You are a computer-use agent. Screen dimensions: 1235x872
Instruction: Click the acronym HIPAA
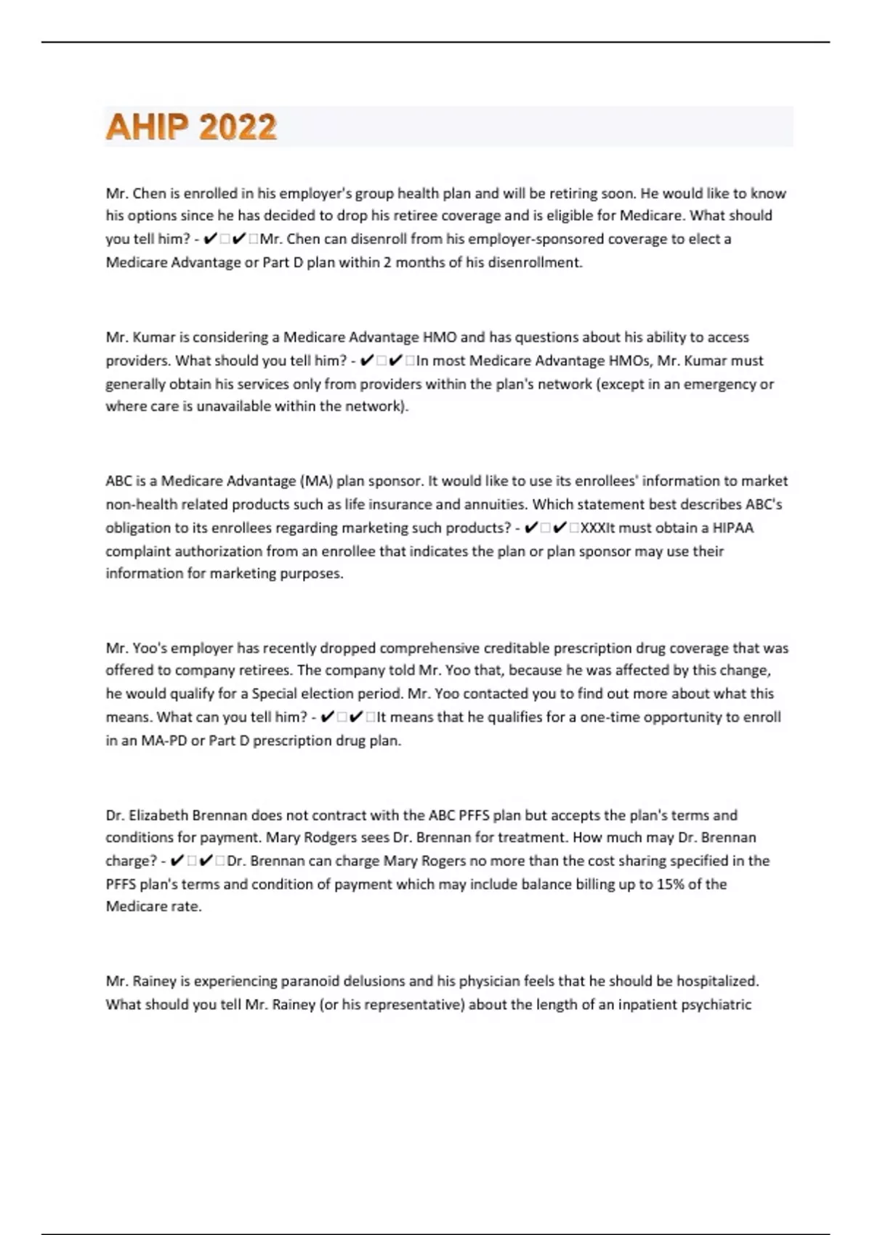732,527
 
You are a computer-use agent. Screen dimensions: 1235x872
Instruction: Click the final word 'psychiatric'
716,1004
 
